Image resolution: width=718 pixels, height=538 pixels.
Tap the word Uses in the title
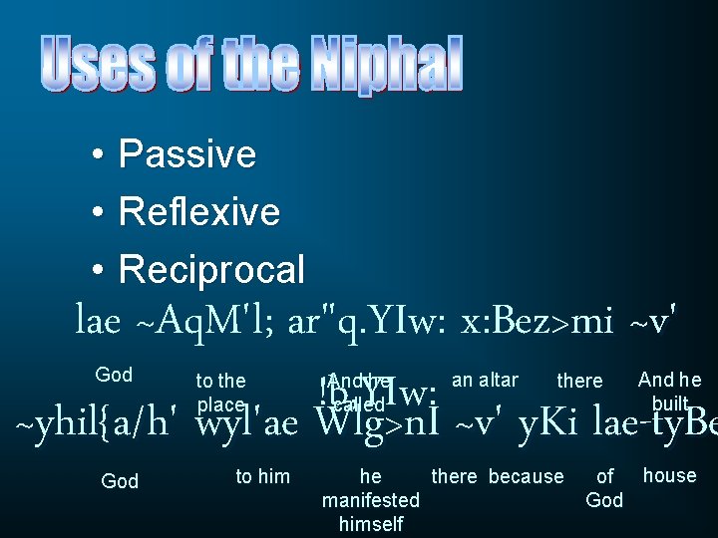(98, 64)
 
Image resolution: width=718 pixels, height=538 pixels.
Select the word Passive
(186, 154)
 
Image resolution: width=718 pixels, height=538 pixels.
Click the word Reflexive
(198, 211)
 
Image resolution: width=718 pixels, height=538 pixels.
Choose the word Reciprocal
(211, 269)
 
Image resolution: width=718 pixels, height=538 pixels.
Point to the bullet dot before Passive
(94, 155)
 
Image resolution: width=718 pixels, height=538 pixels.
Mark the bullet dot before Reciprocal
(94, 270)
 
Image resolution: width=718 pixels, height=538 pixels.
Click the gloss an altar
(485, 380)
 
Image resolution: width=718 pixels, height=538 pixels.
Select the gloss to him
(262, 477)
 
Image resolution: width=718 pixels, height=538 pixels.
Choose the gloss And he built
(669, 391)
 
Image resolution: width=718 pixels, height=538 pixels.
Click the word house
(669, 475)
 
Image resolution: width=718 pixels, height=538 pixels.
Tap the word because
(526, 477)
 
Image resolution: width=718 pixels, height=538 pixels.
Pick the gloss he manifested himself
(370, 500)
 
